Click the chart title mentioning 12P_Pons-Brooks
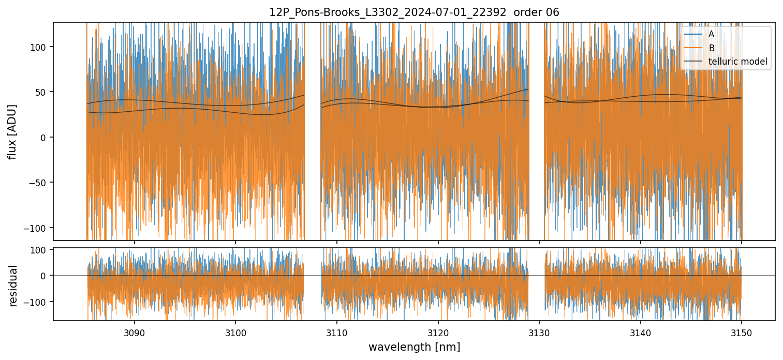click(x=414, y=12)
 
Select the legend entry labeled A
click(x=711, y=35)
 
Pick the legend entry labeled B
click(x=711, y=49)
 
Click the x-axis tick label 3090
click(x=135, y=333)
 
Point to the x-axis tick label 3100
click(x=235, y=333)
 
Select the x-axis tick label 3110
click(x=337, y=333)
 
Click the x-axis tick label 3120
click(x=438, y=333)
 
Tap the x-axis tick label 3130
click(x=539, y=333)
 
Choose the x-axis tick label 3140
click(x=641, y=333)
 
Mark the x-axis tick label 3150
click(x=742, y=333)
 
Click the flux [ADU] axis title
click(x=12, y=131)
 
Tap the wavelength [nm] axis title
click(x=414, y=347)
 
